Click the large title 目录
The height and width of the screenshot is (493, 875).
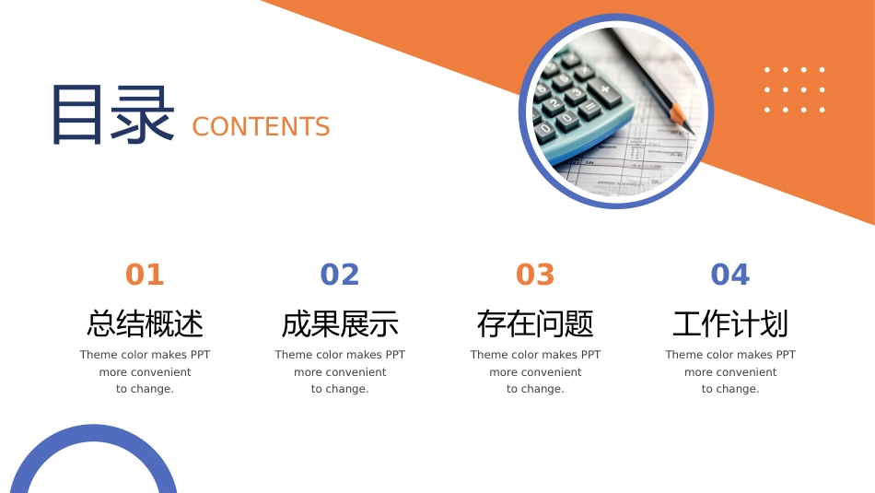click(x=112, y=115)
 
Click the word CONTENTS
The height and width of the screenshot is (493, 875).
click(x=261, y=127)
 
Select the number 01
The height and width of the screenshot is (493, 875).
click(x=145, y=275)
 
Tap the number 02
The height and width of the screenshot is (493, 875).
click(x=340, y=275)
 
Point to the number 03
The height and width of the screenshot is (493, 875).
click(x=535, y=275)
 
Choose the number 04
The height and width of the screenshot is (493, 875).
click(x=730, y=275)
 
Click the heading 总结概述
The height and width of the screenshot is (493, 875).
click(x=145, y=323)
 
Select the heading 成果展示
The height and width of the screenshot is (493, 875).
click(x=340, y=323)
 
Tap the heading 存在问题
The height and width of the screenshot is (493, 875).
click(x=535, y=323)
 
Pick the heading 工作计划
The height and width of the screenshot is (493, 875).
click(x=730, y=323)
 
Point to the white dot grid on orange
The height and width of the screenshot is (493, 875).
click(x=794, y=89)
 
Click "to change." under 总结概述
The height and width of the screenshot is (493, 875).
click(x=145, y=389)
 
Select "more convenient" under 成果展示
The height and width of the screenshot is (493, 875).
click(x=340, y=372)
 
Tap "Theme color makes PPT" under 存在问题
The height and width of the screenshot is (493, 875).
click(x=535, y=355)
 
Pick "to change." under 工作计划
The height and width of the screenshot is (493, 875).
click(x=730, y=389)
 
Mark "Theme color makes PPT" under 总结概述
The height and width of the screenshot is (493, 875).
click(x=145, y=355)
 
